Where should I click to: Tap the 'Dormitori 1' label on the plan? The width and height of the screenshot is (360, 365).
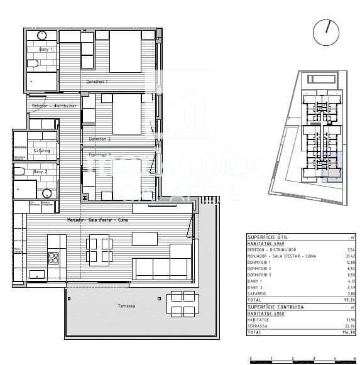click(x=97, y=82)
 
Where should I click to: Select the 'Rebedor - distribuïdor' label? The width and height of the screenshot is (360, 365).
click(x=55, y=106)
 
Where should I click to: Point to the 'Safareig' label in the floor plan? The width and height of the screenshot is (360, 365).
click(x=41, y=150)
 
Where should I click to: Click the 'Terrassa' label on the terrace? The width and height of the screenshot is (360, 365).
click(x=126, y=306)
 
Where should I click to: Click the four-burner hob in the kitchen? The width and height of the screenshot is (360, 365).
click(x=53, y=256)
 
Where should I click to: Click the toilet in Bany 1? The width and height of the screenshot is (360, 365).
click(x=33, y=63)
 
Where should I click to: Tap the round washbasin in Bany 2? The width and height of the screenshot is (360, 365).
click(x=47, y=193)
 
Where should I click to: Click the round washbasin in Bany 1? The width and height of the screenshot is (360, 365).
click(x=42, y=35)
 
